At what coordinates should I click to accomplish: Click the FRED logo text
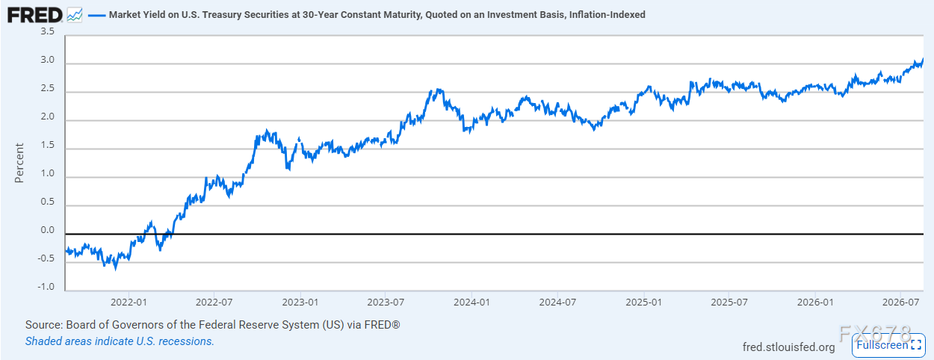[x=34, y=16]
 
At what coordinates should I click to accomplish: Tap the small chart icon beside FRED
[x=75, y=16]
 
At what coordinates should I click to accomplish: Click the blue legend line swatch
[x=96, y=16]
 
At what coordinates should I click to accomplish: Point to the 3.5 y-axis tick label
[x=47, y=31]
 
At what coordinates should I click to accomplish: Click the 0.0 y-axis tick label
[x=47, y=230]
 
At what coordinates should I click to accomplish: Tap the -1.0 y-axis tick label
[x=46, y=287]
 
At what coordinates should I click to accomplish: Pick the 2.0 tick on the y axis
[x=47, y=117]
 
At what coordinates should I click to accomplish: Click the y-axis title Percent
[x=19, y=163]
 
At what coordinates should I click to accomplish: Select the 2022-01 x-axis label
[x=129, y=302]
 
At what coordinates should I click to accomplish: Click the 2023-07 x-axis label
[x=386, y=302]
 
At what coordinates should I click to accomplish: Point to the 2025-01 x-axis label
[x=644, y=302]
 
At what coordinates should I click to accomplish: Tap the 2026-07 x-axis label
[x=900, y=302]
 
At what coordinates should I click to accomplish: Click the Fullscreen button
[x=888, y=345]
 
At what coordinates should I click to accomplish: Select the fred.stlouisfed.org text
[x=788, y=347]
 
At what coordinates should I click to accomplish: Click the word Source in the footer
[x=43, y=325]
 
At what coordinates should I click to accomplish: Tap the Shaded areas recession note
[x=120, y=341]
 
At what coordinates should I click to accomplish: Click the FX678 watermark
[x=875, y=334]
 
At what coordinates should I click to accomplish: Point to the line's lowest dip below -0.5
[x=116, y=270]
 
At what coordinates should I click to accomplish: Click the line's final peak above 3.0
[x=923, y=59]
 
